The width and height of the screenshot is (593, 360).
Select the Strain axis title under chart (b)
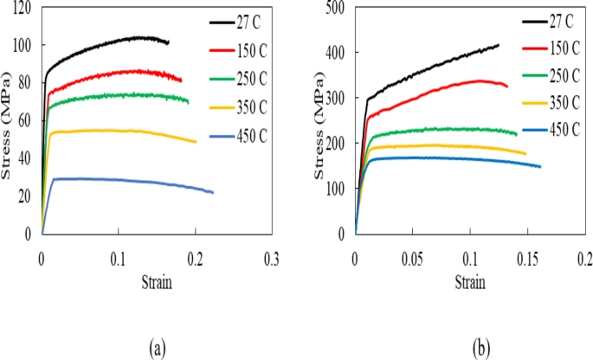[469, 282]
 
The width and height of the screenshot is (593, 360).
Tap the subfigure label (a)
[156, 348]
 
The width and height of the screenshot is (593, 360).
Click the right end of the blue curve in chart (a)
[213, 192]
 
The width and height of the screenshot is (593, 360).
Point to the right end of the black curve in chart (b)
[499, 45]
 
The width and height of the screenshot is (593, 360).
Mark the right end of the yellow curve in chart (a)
[197, 142]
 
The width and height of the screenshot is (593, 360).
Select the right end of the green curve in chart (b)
[517, 134]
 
